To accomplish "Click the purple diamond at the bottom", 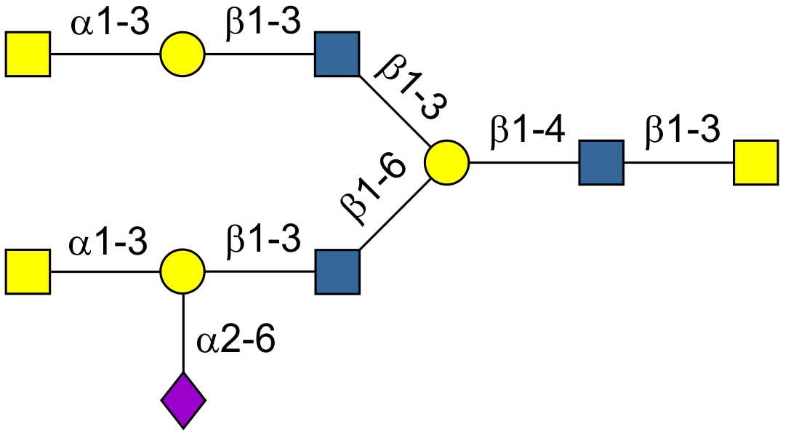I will pyautogui.click(x=183, y=399).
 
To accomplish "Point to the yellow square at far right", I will pyautogui.click(x=755, y=162).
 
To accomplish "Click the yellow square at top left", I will pyautogui.click(x=28, y=54).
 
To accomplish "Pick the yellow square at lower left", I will pyautogui.click(x=28, y=272).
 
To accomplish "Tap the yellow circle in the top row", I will pyautogui.click(x=182, y=54).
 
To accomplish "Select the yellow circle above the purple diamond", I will pyautogui.click(x=182, y=272).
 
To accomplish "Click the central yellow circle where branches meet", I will pyautogui.click(x=447, y=162).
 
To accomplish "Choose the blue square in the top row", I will pyautogui.click(x=337, y=54).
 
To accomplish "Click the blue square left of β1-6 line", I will pyautogui.click(x=337, y=272).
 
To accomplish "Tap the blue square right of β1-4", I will pyautogui.click(x=601, y=162).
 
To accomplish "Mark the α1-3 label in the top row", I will pyautogui.click(x=110, y=23).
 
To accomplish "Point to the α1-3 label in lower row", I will pyautogui.click(x=109, y=242).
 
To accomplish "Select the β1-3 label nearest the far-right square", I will pyautogui.click(x=681, y=131).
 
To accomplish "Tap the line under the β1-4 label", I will pyautogui.click(x=523, y=162).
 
